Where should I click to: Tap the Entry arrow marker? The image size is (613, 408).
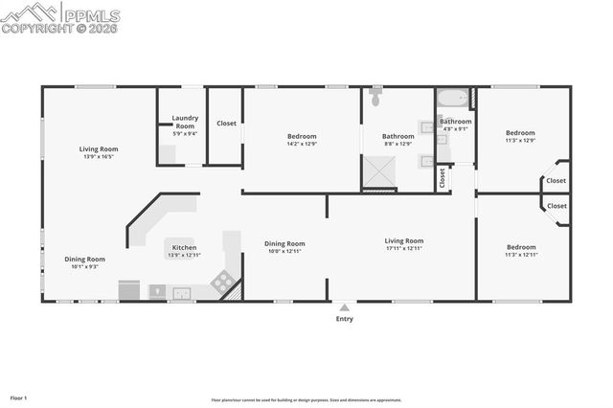[344, 307]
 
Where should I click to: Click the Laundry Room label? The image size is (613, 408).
[185, 122]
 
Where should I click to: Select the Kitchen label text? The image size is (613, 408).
[184, 251]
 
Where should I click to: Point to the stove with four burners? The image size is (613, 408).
[221, 282]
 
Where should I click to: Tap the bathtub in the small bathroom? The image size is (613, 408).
[452, 99]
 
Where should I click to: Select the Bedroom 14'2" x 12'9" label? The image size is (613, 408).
[302, 140]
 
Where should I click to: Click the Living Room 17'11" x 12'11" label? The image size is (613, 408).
[403, 244]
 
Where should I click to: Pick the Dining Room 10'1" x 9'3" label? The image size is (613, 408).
[85, 262]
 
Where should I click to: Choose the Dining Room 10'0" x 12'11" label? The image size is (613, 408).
[284, 247]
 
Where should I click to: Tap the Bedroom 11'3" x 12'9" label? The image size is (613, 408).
[520, 136]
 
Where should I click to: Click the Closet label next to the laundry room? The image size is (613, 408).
[226, 124]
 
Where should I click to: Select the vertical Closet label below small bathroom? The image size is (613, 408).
[443, 177]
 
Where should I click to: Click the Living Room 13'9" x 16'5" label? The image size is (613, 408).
[99, 152]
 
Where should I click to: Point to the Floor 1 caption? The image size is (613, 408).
[19, 397]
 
